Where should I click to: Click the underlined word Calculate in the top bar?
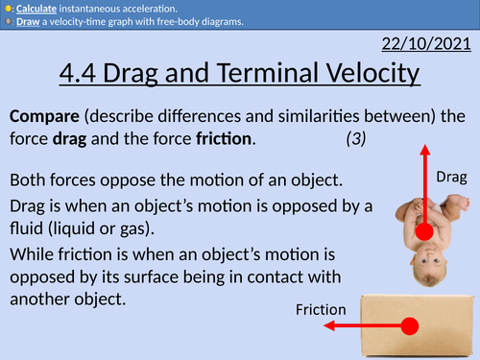[x=39, y=7]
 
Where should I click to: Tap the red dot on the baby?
[x=423, y=231]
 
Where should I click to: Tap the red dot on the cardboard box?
[x=409, y=325]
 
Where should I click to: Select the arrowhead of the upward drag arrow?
[x=423, y=151]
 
